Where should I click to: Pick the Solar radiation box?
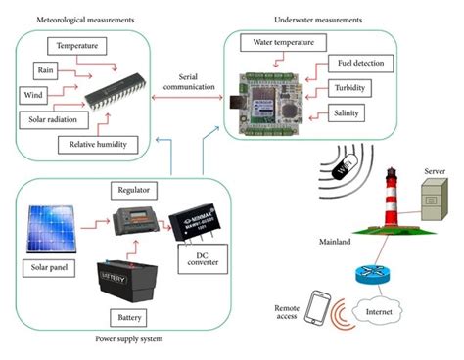pyautogui.click(x=52, y=119)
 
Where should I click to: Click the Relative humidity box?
pyautogui.click(x=97, y=145)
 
